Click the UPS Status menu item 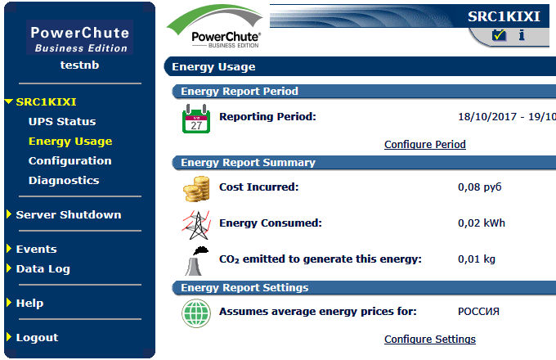(x=62, y=122)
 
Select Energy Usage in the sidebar (x=70, y=142)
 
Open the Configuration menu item (x=69, y=161)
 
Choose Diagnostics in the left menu (x=64, y=181)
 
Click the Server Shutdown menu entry (x=68, y=215)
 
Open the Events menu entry (x=36, y=250)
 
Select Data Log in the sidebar (x=43, y=269)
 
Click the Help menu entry (x=29, y=304)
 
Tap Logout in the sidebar (x=37, y=338)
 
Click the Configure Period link (x=424, y=145)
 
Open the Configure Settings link (x=429, y=340)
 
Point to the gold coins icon (x=195, y=188)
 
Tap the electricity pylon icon (x=195, y=223)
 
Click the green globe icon (x=195, y=313)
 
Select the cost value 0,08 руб (x=479, y=187)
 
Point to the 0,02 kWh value (x=481, y=223)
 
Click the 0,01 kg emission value (x=477, y=259)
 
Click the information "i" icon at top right (x=522, y=35)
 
